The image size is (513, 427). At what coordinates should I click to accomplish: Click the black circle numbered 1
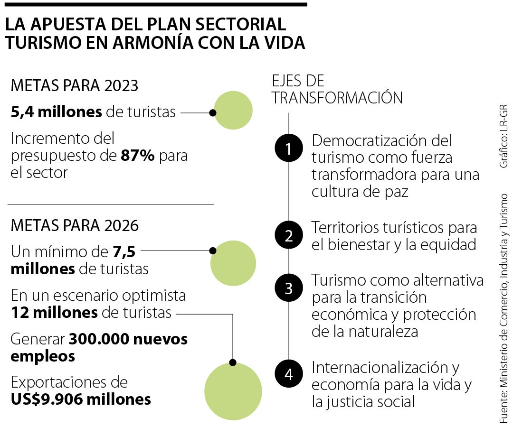(289, 149)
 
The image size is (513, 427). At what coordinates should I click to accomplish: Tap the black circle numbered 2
(289, 235)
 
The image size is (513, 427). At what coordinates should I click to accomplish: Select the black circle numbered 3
(289, 288)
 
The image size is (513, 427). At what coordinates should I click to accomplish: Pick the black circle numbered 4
(289, 374)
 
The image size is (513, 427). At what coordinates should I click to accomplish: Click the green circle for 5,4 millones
(233, 111)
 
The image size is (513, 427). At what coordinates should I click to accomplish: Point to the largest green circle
(233, 391)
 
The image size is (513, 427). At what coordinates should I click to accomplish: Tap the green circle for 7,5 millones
(233, 263)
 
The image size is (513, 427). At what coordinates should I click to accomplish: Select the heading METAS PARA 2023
(75, 86)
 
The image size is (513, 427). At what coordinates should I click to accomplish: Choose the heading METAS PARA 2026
(75, 226)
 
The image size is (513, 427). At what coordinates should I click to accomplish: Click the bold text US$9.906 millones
(81, 399)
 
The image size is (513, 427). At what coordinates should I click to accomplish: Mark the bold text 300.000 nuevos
(128, 339)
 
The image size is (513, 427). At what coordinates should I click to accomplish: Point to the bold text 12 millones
(54, 313)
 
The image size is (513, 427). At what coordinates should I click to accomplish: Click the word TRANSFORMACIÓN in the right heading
(337, 97)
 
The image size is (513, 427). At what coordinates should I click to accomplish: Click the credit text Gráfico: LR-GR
(504, 136)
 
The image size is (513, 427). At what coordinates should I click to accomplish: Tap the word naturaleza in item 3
(379, 331)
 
